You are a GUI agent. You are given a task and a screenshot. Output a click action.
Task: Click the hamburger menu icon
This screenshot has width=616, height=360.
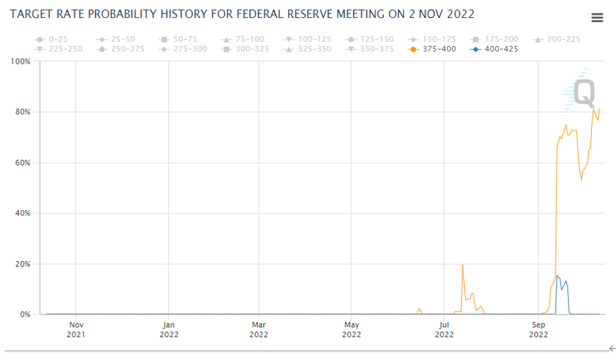coord(597,18)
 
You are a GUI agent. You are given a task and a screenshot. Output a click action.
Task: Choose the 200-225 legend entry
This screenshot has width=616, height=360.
coord(557,39)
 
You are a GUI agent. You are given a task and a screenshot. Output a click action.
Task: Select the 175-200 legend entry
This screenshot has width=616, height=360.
coord(495,39)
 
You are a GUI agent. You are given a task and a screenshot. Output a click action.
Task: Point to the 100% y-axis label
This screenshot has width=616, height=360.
coord(21,62)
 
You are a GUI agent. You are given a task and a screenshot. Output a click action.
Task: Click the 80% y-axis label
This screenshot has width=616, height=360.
coord(23,112)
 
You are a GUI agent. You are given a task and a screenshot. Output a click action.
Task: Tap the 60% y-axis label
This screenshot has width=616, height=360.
coord(23,163)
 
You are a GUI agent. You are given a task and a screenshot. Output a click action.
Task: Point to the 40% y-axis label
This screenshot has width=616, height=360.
coord(23,213)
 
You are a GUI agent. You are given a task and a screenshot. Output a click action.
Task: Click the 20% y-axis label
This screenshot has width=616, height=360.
coord(23,264)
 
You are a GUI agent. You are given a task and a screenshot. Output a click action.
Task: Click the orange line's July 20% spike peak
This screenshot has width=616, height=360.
coord(463,264)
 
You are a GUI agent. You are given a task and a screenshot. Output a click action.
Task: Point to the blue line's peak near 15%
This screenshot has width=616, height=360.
coord(558,276)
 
